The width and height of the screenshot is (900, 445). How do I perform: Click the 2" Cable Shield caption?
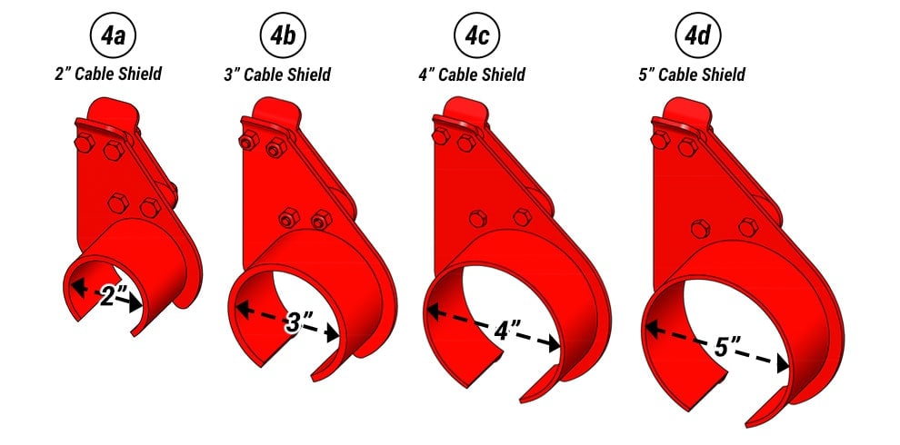tap(108, 74)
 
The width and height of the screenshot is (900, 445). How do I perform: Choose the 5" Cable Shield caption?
tap(693, 74)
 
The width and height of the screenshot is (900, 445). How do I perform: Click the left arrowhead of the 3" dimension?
tap(242, 309)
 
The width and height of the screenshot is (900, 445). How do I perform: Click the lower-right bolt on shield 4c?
tap(521, 217)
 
